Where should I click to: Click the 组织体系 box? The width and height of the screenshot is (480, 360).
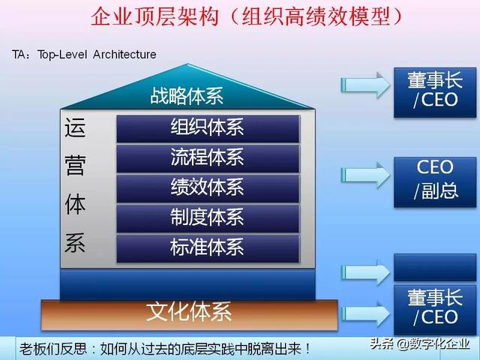(x=208, y=128)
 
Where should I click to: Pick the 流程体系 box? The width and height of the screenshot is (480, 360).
(x=208, y=158)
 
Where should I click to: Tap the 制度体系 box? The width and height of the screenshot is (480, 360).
(x=208, y=217)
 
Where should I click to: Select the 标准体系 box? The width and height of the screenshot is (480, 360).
(x=208, y=247)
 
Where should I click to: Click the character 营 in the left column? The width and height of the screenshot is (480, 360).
(x=76, y=166)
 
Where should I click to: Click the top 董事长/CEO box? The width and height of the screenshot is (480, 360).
(x=434, y=91)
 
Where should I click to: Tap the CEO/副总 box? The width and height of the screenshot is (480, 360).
(x=434, y=181)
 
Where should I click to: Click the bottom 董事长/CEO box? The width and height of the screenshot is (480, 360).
(x=434, y=308)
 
